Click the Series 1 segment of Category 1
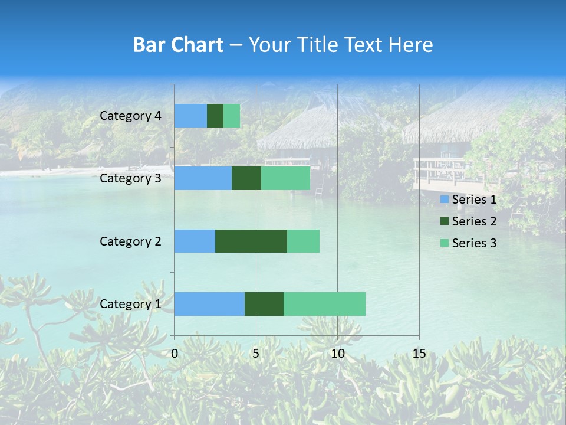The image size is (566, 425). pos(209,303)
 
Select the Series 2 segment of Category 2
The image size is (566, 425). pos(251,241)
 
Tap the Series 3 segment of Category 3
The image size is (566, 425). pos(285,178)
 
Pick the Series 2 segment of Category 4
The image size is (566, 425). pos(215,116)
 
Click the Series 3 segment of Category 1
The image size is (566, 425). pos(324,303)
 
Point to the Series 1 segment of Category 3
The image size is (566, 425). pos(203,178)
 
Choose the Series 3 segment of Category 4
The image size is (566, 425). pos(232,116)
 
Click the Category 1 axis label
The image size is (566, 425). pos(130,304)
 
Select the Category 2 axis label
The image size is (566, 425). pos(130,241)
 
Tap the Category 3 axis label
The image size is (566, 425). pos(130,178)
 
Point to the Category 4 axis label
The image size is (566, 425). pos(130,116)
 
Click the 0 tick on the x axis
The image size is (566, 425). pos(175,354)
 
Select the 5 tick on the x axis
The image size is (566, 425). pos(256,354)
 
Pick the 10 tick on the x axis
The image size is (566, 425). pos(337,354)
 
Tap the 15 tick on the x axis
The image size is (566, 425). pos(419,354)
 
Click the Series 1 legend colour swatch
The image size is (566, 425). pos(443,200)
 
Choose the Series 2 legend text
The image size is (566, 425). pos(474,221)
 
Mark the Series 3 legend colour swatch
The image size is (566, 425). pos(443,243)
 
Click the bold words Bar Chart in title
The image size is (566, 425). pos(178,45)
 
